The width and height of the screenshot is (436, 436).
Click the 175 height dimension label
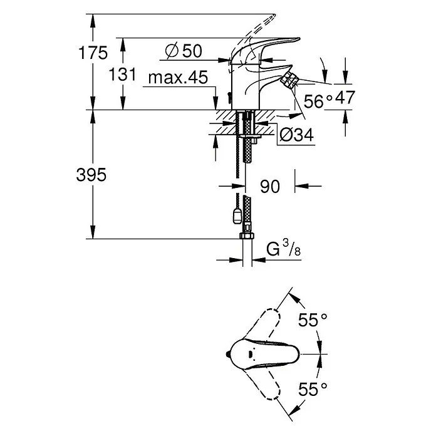93,53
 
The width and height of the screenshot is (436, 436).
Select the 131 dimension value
122,75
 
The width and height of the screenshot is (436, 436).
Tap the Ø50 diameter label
184,51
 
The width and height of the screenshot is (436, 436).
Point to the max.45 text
178,77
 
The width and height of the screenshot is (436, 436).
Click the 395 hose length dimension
91,175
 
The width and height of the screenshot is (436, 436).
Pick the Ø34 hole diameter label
296,135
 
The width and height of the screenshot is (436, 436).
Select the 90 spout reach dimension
270,186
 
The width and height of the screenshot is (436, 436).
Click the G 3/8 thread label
283,248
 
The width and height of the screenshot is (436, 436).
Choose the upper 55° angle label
313,319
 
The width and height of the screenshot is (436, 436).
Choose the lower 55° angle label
313,389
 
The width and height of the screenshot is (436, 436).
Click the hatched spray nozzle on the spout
289,79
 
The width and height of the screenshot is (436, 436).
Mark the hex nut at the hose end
246,236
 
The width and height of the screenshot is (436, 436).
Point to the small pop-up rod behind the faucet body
229,97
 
